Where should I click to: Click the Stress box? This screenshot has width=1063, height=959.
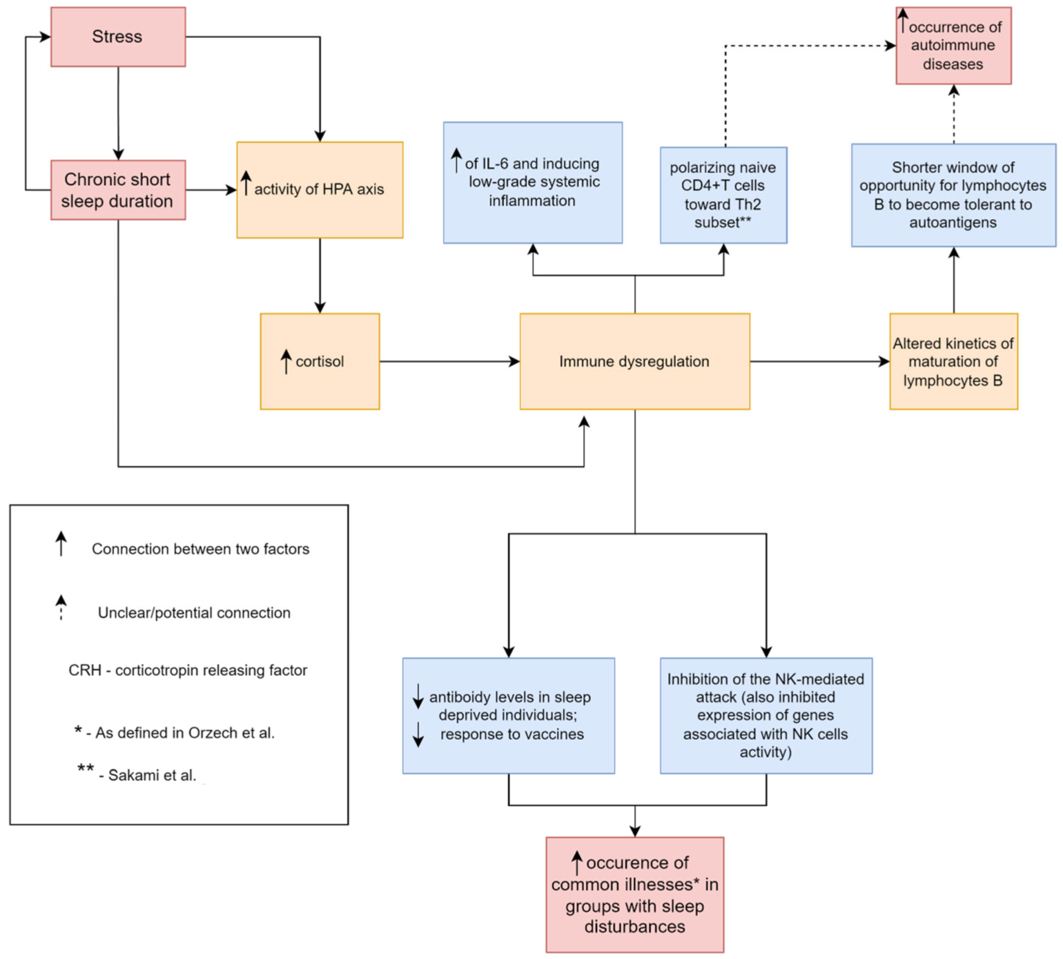[x=118, y=37]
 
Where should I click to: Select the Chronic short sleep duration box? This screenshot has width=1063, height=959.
[x=118, y=190]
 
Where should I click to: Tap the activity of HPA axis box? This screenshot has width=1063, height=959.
[x=320, y=190]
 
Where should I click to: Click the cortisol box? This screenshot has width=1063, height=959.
[x=320, y=361]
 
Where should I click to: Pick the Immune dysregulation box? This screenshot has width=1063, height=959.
[x=634, y=361]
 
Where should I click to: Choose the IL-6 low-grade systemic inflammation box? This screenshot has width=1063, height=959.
[x=532, y=182]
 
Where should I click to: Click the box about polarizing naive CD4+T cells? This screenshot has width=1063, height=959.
[x=723, y=195]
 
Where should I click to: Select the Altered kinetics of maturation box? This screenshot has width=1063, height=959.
[x=953, y=361]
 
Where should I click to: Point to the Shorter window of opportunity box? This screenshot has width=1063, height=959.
[x=953, y=195]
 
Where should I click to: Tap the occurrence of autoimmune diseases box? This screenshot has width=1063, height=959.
[x=953, y=46]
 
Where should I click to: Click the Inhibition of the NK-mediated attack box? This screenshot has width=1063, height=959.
[x=765, y=715]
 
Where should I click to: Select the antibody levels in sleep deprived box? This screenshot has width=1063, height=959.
[x=508, y=715]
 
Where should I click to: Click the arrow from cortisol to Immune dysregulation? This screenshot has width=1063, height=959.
[x=449, y=361]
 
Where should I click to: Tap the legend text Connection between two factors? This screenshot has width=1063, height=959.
[x=200, y=549]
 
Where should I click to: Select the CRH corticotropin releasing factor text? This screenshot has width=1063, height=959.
[x=187, y=669]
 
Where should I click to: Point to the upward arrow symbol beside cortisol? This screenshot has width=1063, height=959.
[x=286, y=361]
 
